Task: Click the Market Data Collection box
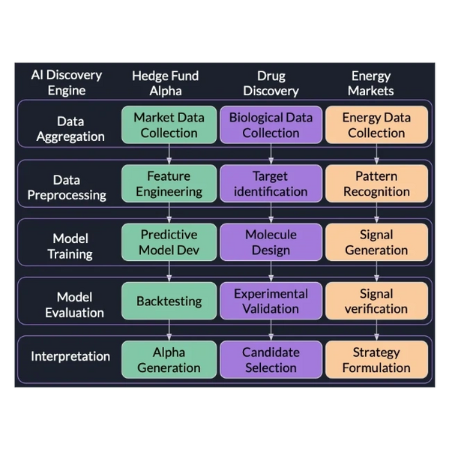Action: [x=169, y=124]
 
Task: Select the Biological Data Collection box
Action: [x=271, y=124]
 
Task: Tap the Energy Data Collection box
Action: [x=376, y=124]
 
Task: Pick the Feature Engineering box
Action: [x=169, y=184]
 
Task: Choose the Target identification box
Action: [x=271, y=184]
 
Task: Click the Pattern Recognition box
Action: [x=376, y=184]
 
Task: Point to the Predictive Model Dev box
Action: [x=169, y=242]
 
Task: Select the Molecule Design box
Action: [x=271, y=242]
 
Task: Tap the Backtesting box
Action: [x=169, y=301]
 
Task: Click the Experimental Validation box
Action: [x=271, y=301]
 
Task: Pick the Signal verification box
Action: [x=376, y=301]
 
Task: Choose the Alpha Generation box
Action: [x=169, y=359]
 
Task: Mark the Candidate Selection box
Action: [x=271, y=359]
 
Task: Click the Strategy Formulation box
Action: [x=376, y=359]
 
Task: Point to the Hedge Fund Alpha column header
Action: [x=166, y=83]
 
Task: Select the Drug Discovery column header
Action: [x=271, y=83]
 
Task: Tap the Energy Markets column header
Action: [x=371, y=83]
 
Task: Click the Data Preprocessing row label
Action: [x=67, y=187]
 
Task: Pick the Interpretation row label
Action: [x=70, y=356]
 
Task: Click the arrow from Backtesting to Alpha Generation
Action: [x=169, y=330]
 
